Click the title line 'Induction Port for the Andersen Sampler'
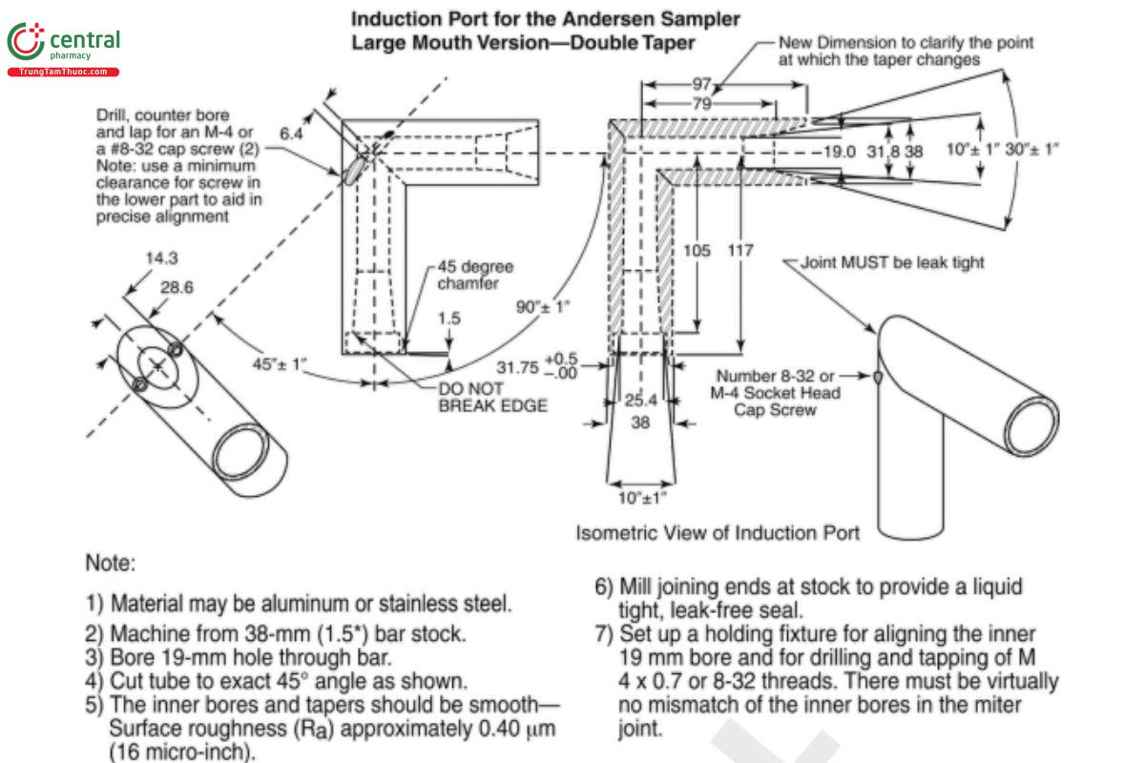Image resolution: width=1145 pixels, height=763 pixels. (545, 18)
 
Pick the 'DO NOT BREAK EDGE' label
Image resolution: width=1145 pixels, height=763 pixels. (492, 398)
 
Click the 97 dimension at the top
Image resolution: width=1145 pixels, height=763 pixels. (703, 83)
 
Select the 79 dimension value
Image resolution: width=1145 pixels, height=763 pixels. (703, 103)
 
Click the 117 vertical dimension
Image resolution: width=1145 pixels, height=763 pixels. (740, 250)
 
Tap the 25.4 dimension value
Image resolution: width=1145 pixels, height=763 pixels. (638, 400)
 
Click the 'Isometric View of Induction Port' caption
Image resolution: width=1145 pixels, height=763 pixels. (718, 532)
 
